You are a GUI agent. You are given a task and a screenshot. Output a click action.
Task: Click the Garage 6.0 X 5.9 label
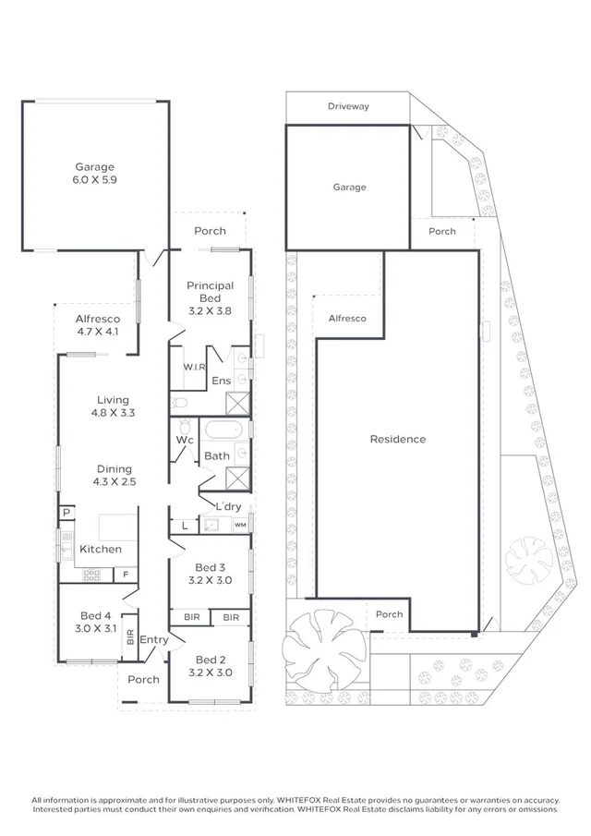coord(95,175)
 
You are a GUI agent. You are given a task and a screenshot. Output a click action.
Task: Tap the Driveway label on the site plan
coord(348,106)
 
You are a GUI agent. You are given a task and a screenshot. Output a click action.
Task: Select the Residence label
coord(398,439)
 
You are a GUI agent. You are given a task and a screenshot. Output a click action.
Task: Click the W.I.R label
coord(194,367)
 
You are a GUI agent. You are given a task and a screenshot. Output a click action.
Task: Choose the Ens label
coord(222,381)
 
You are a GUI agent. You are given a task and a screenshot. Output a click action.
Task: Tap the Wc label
coord(185,440)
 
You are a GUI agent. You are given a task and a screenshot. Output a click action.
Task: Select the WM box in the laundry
coord(240,525)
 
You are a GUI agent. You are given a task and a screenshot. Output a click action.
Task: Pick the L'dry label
coord(228,506)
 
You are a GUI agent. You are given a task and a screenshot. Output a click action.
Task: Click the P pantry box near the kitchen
coord(66,513)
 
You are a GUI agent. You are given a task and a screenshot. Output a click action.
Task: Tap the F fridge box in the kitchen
coord(126,575)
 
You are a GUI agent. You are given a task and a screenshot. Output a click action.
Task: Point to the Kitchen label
coord(100,549)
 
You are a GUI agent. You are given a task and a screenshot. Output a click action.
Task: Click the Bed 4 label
coord(95,622)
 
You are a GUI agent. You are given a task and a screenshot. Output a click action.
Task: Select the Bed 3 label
coord(210,574)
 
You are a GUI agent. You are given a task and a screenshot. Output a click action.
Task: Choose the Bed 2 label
coord(210,666)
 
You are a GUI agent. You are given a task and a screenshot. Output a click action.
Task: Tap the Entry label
coord(154,639)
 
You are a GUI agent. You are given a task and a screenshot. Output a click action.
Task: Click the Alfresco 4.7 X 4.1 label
coord(97,324)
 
